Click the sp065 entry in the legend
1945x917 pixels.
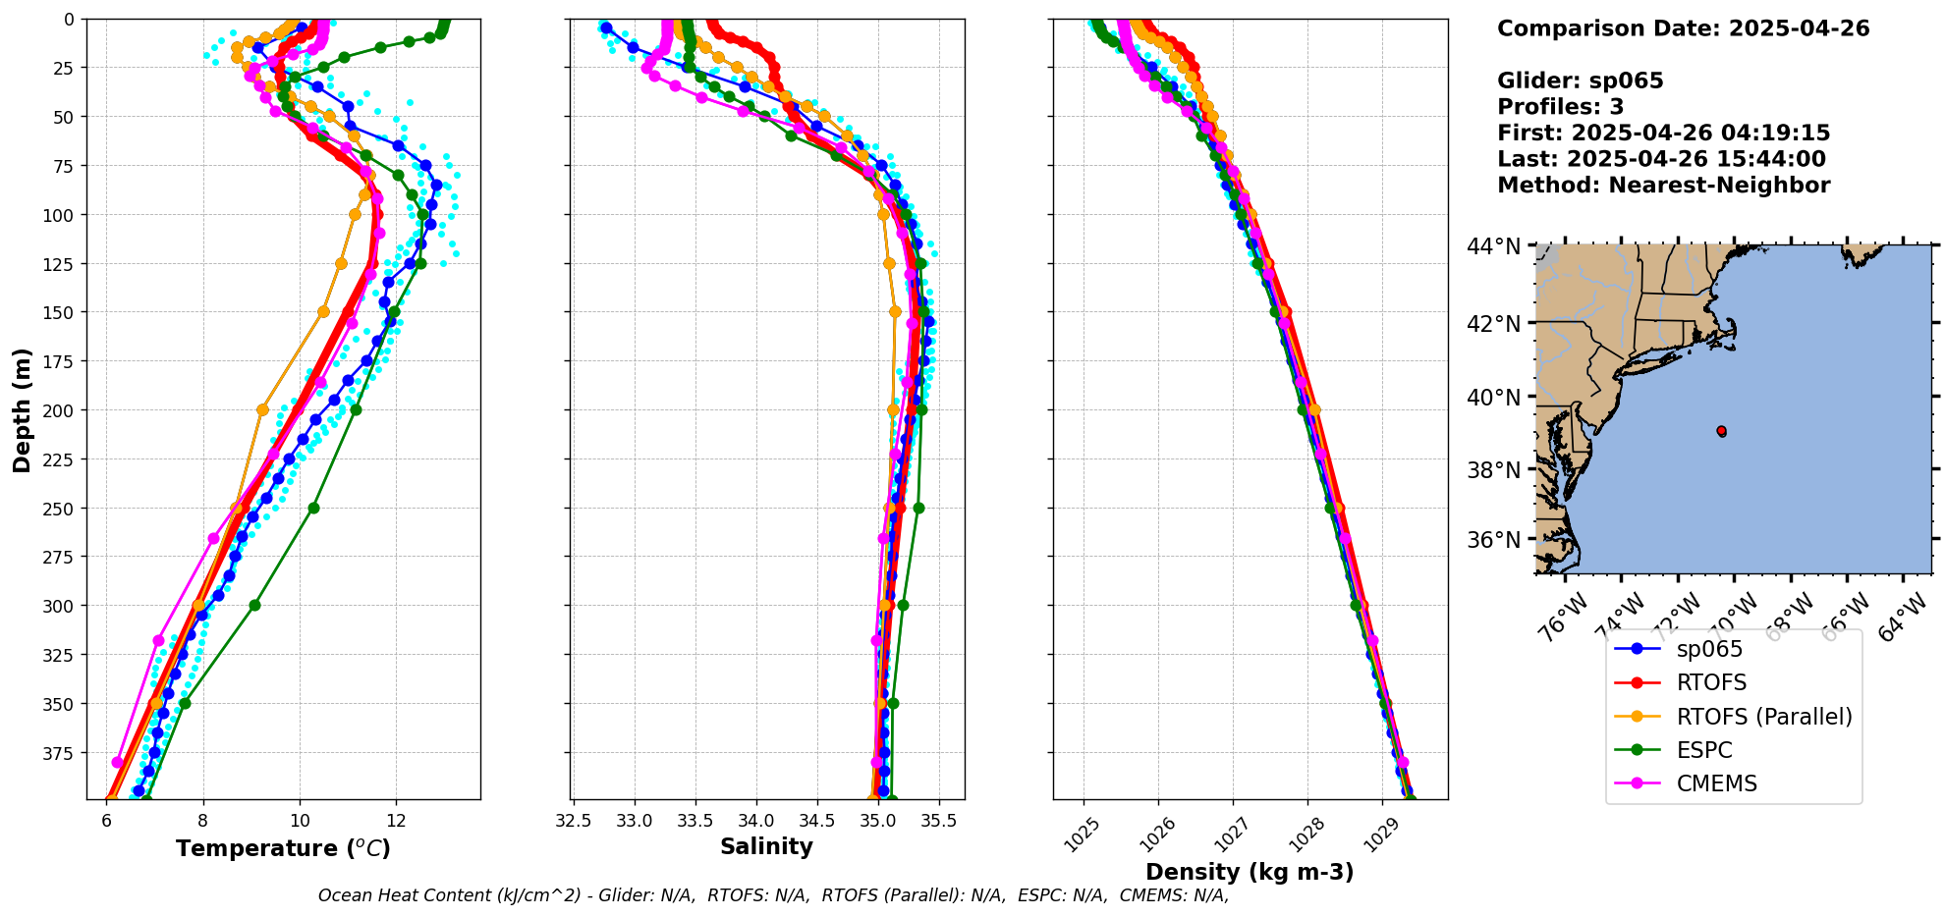click(x=1709, y=649)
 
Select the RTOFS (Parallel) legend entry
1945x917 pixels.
click(x=1764, y=717)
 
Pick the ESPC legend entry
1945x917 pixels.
click(x=1704, y=750)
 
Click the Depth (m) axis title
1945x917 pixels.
click(x=22, y=409)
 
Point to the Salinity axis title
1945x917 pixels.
click(x=766, y=847)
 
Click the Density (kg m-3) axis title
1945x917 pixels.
click(x=1250, y=872)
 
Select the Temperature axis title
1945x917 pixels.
click(x=283, y=848)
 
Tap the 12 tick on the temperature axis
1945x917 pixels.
click(x=396, y=821)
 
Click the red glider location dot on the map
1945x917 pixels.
click(x=1721, y=431)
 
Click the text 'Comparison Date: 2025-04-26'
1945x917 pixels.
click(x=1683, y=28)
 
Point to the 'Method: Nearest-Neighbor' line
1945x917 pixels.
click(x=1663, y=186)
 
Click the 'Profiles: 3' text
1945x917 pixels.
click(x=1560, y=107)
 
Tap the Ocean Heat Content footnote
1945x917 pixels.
click(x=773, y=895)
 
